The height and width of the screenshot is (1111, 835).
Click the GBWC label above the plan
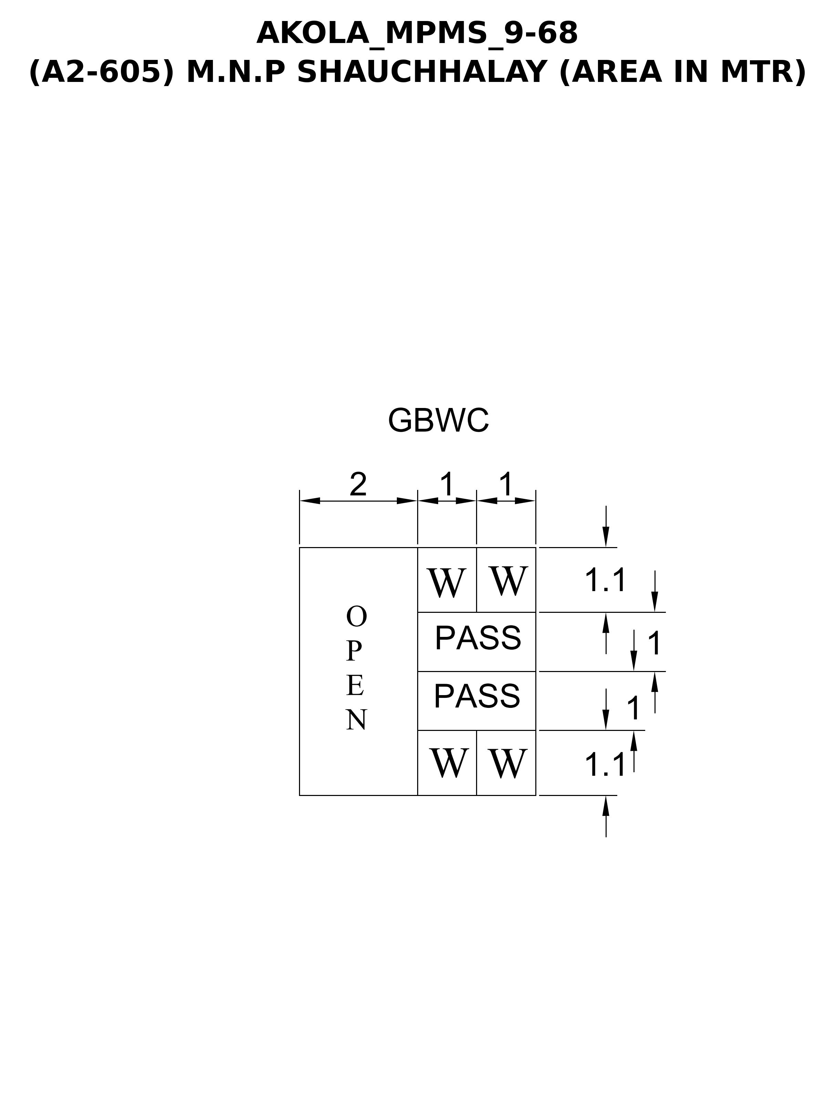438,421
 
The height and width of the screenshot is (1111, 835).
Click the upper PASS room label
478,638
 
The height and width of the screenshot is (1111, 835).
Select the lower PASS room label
477,696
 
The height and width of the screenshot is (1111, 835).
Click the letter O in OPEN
356,617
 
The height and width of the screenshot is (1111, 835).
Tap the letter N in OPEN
356,720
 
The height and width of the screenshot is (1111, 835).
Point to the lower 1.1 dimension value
605,765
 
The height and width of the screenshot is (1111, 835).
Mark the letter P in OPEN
354,651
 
